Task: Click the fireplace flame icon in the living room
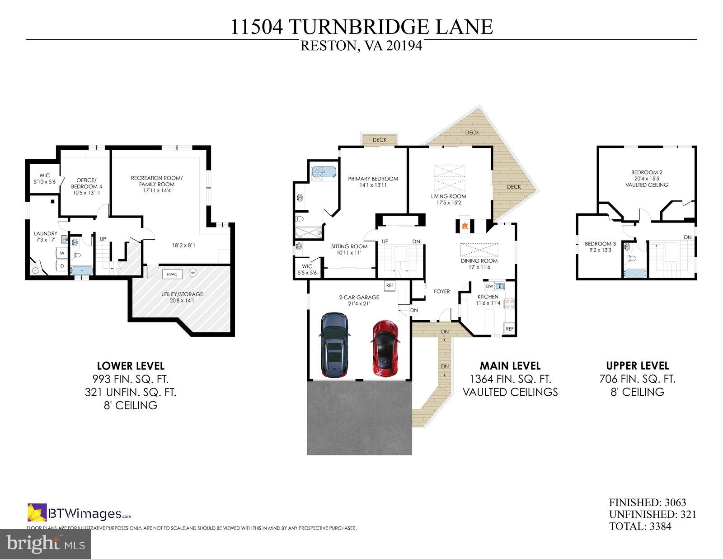pos(464,226)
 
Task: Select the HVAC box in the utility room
pos(172,275)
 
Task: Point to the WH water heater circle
pos(193,273)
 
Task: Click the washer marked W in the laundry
pos(62,253)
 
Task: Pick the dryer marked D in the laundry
pos(62,266)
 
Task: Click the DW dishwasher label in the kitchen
pos(489,286)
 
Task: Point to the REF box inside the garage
pos(390,285)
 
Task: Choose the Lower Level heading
pos(131,366)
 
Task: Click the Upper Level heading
pos(637,366)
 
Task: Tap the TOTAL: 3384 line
pos(640,526)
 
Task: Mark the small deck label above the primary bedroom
pos(380,140)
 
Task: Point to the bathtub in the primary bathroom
pos(324,172)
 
